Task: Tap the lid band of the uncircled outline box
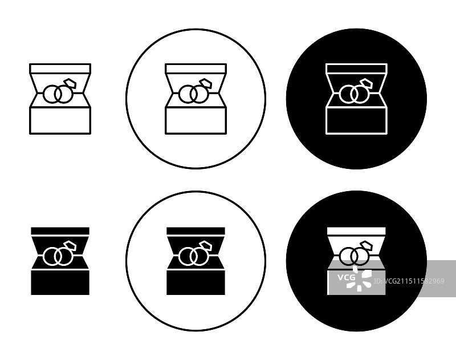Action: click(60, 68)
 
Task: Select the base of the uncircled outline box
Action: click(60, 120)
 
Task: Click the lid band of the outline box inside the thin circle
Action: click(196, 68)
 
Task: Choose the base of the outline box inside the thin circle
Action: click(196, 120)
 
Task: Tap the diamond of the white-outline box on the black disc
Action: click(366, 84)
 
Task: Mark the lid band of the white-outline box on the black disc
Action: click(357, 68)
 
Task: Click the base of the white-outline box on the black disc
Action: click(357, 120)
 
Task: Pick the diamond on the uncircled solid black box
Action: click(70, 246)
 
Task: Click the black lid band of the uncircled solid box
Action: click(60, 231)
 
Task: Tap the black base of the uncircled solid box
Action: click(60, 282)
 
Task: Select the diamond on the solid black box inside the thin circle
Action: click(206, 246)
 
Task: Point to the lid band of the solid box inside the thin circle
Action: click(196, 231)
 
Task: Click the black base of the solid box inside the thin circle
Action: click(196, 282)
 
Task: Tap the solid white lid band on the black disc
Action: click(357, 231)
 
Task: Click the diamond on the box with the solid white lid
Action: click(366, 246)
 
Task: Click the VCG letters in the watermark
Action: click(346, 277)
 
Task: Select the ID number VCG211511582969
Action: click(409, 281)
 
